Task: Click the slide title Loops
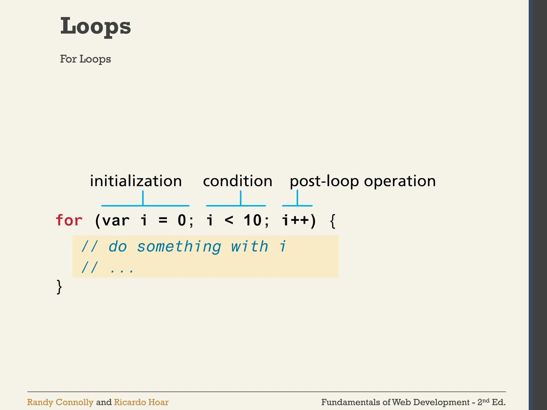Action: [95, 26]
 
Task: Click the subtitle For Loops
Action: [85, 59]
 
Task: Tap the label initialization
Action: [136, 181]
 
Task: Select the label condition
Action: [237, 181]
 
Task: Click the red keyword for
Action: [69, 220]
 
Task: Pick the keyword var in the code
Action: [116, 221]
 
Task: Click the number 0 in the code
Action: [182, 220]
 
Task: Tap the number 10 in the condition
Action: [252, 220]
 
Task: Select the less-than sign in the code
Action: [229, 220]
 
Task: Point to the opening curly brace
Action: [333, 221]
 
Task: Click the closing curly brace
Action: [59, 287]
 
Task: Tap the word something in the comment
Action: [179, 247]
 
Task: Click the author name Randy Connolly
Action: [60, 402]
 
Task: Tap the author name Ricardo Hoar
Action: [141, 402]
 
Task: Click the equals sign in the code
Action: [163, 221]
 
